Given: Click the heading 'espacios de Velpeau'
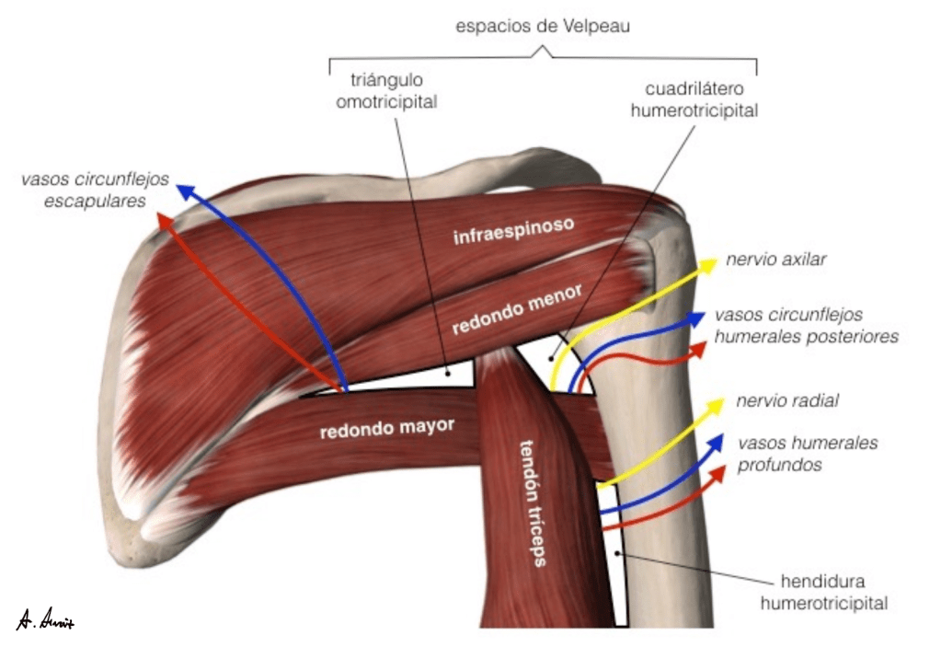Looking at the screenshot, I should point(543,27).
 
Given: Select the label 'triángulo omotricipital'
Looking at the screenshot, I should point(386,90).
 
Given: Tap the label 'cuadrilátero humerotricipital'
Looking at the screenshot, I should point(701,100).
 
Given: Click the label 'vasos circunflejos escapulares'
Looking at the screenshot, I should point(96,190).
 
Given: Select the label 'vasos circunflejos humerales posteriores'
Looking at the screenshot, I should point(806,326).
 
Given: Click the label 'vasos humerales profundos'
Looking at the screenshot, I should point(807,454).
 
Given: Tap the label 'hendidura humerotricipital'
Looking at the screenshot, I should point(834,592).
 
